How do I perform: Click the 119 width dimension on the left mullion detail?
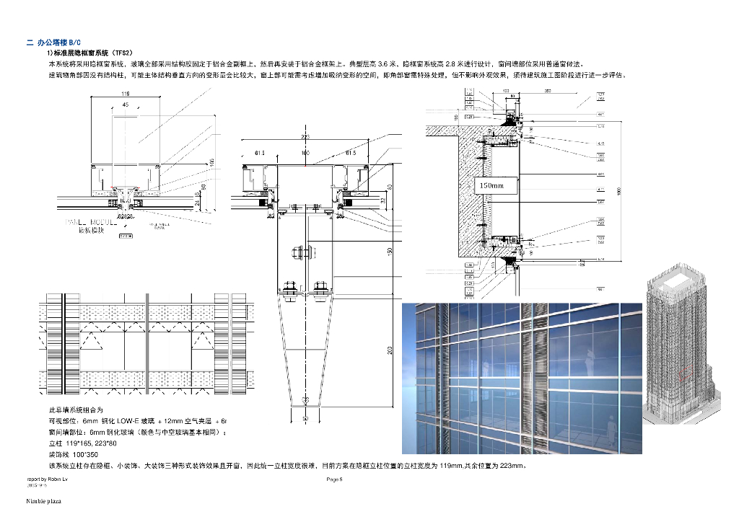pyautogui.click(x=126, y=94)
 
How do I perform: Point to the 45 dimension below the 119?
pyautogui.click(x=126, y=105)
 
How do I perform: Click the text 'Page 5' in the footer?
pyautogui.click(x=334, y=479)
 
